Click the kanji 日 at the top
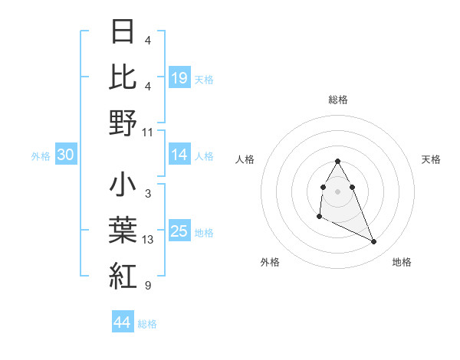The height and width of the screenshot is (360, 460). (x=123, y=32)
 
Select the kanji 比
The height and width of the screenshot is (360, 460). (x=123, y=77)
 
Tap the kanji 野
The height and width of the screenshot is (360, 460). (x=123, y=123)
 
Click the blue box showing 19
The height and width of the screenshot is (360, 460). (x=179, y=77)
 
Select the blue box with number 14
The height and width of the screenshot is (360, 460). (x=179, y=155)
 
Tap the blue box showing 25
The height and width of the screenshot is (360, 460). (x=179, y=231)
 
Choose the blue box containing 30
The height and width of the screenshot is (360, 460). (x=66, y=155)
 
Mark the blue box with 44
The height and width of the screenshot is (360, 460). (x=122, y=322)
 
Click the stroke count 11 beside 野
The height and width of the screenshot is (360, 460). (x=148, y=132)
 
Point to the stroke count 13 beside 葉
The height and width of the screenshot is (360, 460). (x=148, y=241)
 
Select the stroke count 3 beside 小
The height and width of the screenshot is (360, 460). (x=148, y=195)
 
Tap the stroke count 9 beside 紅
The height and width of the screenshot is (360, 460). (x=148, y=286)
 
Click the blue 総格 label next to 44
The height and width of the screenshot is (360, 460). (x=147, y=324)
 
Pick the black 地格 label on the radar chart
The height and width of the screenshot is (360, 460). (x=402, y=262)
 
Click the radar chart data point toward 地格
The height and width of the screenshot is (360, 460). (x=374, y=242)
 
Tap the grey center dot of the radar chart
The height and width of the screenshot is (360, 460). (x=337, y=191)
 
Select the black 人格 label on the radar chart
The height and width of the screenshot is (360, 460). (x=245, y=159)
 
